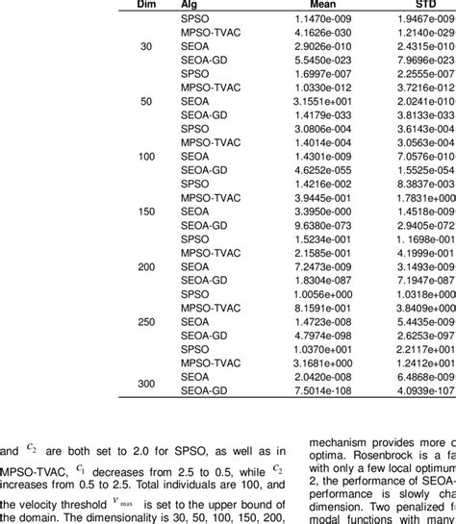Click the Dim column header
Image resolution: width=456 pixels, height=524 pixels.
click(134, 5)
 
